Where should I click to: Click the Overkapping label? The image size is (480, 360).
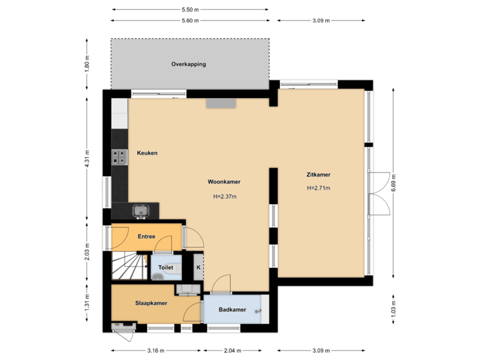click(x=189, y=65)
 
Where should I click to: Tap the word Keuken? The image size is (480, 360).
click(x=147, y=153)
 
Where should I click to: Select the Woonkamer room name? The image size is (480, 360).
click(x=224, y=181)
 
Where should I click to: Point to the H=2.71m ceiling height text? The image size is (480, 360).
click(x=319, y=188)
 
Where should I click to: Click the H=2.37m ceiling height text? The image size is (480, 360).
click(x=225, y=197)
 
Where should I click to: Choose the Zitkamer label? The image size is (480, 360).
click(x=319, y=175)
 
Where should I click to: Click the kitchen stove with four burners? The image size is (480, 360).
click(x=120, y=157)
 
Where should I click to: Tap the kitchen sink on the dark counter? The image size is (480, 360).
click(x=141, y=211)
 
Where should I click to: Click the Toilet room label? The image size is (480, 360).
click(x=165, y=267)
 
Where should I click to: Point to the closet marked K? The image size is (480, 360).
click(x=197, y=267)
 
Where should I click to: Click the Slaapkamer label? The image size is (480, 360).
click(x=151, y=303)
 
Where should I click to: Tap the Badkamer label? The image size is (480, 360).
click(x=232, y=309)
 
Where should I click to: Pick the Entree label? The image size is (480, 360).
click(x=146, y=236)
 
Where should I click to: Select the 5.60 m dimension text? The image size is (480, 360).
click(x=190, y=21)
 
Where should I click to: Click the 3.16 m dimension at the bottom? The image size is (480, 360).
click(x=156, y=350)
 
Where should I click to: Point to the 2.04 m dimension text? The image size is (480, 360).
click(x=233, y=350)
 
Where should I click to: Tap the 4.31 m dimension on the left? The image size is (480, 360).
click(x=87, y=159)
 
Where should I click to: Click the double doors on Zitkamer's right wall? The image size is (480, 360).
click(x=379, y=193)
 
